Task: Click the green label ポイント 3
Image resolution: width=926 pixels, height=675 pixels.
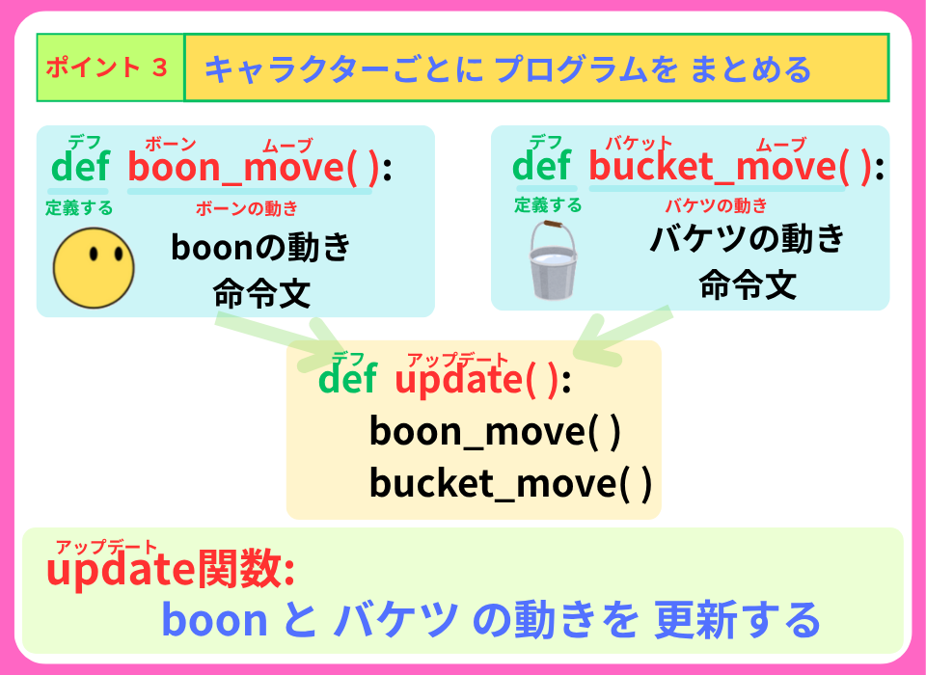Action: (x=106, y=68)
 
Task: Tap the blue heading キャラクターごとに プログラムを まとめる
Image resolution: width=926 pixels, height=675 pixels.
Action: (x=507, y=69)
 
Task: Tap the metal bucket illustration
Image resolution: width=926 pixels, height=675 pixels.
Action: (x=552, y=261)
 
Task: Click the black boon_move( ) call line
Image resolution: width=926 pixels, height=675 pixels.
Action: (x=495, y=431)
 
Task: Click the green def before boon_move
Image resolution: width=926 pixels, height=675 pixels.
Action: (x=80, y=168)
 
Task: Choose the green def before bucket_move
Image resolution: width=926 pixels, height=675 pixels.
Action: (x=541, y=168)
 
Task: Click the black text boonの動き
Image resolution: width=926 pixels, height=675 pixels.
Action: (x=260, y=248)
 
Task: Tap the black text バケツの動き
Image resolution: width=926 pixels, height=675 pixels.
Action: (x=747, y=238)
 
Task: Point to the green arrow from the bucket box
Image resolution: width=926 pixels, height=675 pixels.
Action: (x=622, y=336)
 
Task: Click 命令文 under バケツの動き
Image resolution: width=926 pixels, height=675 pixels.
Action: (x=747, y=284)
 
